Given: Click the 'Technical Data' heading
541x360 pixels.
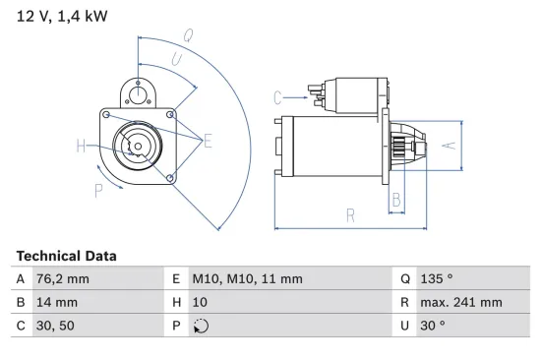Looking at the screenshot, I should coord(67,256).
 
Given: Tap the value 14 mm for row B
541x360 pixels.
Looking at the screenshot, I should coord(58,302).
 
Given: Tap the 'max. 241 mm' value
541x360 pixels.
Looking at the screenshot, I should coord(462,302).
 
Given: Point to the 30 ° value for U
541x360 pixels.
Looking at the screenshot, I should coord(434,326).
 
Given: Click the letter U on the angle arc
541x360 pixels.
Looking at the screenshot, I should coord(176,61).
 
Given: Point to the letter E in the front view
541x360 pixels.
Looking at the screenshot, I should coord(208,143).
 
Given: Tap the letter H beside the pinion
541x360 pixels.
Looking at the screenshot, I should coord(82,148).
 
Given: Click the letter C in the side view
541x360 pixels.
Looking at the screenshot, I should coord(278,96).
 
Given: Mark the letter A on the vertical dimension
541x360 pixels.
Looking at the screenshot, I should coord(447,146).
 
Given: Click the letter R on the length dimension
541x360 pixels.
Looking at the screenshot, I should coord(349,216).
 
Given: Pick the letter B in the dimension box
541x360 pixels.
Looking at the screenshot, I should coord(395,201).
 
